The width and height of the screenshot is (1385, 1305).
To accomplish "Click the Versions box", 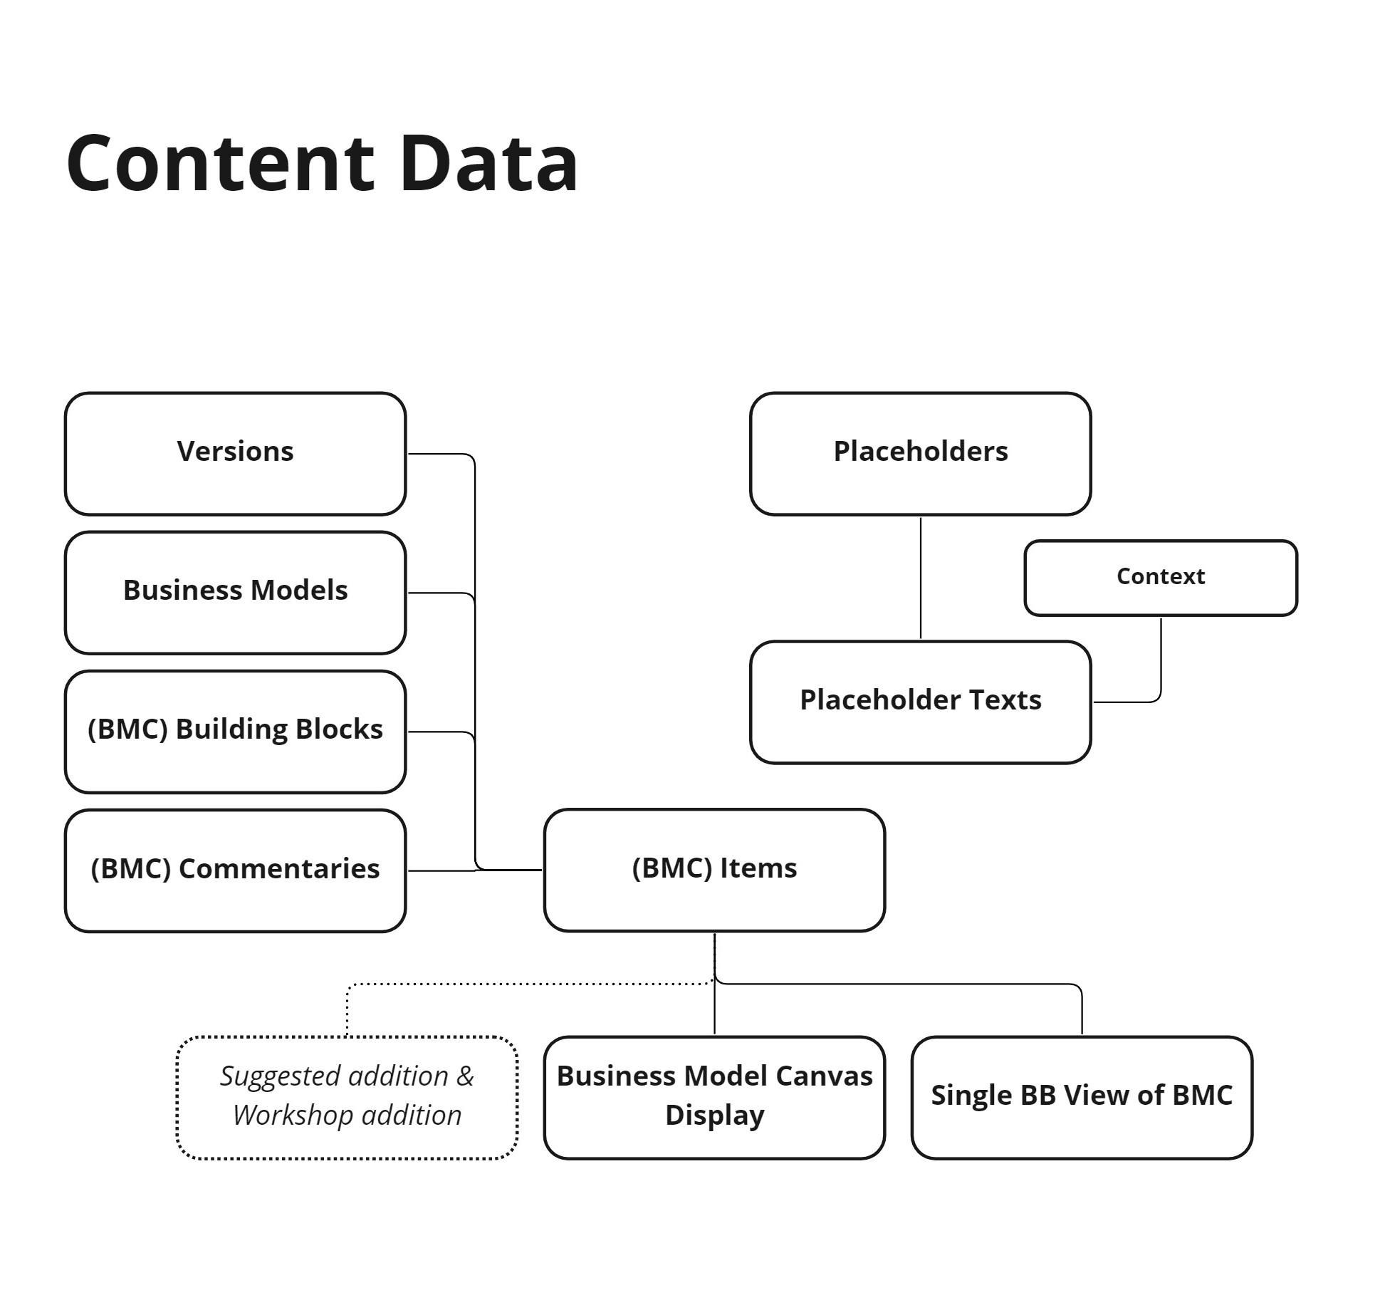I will point(235,453).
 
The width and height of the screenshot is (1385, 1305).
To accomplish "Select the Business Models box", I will point(235,592).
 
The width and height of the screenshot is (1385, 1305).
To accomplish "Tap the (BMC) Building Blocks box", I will point(235,731).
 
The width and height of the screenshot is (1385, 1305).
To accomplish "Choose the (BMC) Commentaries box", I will point(235,870).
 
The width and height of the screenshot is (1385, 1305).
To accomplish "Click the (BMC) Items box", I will point(714,869).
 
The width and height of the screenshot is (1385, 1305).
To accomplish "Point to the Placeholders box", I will point(920,453).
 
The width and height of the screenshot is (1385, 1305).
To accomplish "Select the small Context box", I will point(1160,577).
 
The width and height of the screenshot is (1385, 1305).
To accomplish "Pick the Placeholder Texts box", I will point(920,702).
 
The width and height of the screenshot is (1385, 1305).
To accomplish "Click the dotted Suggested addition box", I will point(347,1097).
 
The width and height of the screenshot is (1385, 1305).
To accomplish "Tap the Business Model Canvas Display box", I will point(714,1097).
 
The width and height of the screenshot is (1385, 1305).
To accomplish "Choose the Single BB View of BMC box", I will point(1081,1097).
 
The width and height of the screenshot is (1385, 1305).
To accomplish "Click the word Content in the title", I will point(220,163).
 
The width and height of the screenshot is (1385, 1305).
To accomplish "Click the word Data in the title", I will point(488,163).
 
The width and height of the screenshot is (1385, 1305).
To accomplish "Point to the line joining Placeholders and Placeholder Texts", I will point(920,577).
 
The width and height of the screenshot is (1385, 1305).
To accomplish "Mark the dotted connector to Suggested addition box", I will point(527,984).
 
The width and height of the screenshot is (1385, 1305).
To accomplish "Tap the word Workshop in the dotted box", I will point(287,1116).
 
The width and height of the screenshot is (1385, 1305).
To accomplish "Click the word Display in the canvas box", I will point(714,1116).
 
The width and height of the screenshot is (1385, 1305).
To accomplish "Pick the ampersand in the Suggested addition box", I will point(465,1076).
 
